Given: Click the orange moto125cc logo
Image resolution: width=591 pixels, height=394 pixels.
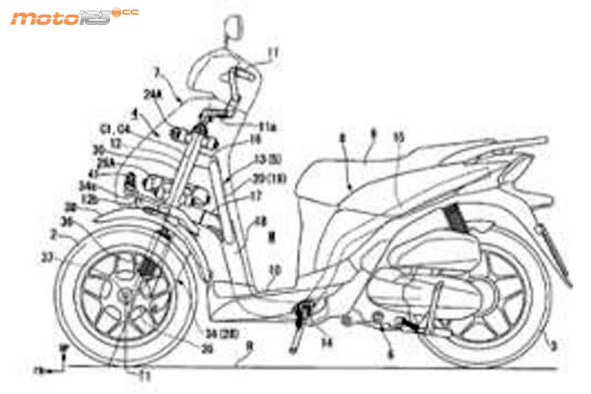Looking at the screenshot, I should click(74, 16).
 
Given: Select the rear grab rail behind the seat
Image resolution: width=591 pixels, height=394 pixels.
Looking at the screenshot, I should click(510, 144).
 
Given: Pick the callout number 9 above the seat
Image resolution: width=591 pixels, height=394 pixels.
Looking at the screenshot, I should click(372, 136).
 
